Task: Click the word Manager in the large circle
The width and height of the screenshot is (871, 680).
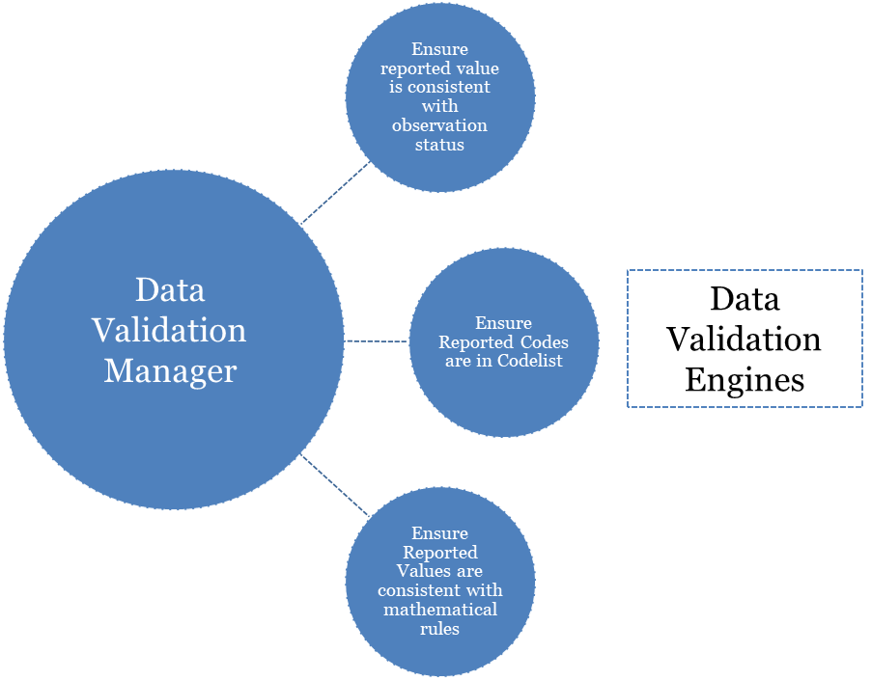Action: click(x=170, y=370)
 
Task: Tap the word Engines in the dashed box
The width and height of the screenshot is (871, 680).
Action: click(x=745, y=379)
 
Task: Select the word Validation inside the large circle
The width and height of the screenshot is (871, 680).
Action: click(x=170, y=330)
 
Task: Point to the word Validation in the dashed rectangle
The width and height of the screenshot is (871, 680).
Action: click(x=745, y=339)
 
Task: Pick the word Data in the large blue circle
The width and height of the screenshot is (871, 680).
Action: click(x=170, y=289)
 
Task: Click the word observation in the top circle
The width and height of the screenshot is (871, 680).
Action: click(x=439, y=126)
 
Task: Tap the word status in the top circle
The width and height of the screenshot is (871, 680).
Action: click(x=439, y=145)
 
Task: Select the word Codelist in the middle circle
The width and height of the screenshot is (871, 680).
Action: click(x=531, y=361)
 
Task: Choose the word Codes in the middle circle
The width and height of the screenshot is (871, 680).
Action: click(x=542, y=342)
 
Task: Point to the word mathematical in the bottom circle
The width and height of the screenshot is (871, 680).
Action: click(x=439, y=610)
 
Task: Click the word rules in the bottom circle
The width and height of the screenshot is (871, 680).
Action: click(x=439, y=629)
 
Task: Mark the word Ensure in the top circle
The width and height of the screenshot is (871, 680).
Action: click(x=439, y=49)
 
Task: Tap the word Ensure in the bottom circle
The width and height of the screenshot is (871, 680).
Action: click(x=439, y=533)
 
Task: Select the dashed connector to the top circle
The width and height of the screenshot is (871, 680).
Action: click(x=335, y=192)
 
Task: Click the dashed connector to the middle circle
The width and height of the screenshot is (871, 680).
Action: click(x=377, y=340)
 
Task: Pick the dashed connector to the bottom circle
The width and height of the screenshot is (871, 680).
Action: click(x=335, y=485)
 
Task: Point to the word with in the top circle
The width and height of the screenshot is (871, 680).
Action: click(x=439, y=107)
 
